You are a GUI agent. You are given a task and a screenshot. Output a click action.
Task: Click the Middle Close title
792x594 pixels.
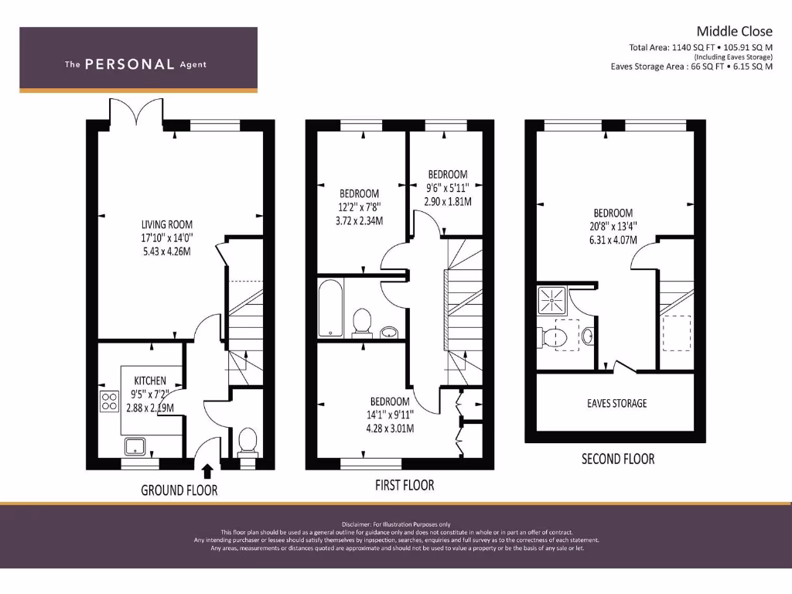(734, 32)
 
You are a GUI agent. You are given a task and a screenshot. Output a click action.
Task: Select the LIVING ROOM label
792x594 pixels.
(161, 225)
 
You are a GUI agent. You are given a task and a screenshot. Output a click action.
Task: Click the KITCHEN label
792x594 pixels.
(150, 381)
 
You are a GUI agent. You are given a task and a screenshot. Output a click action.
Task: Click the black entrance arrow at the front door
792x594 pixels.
(207, 471)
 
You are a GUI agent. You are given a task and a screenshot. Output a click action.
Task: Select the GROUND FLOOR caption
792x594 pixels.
(179, 490)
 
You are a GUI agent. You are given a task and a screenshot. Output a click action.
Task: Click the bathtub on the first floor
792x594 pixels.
(329, 309)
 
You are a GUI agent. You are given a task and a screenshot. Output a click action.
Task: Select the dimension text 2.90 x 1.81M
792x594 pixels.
(447, 201)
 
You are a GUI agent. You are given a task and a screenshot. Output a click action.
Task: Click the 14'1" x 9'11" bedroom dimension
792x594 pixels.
(390, 414)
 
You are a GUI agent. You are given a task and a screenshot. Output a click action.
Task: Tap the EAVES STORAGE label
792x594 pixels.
(617, 403)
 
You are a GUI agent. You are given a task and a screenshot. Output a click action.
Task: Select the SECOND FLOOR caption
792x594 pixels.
(618, 459)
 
